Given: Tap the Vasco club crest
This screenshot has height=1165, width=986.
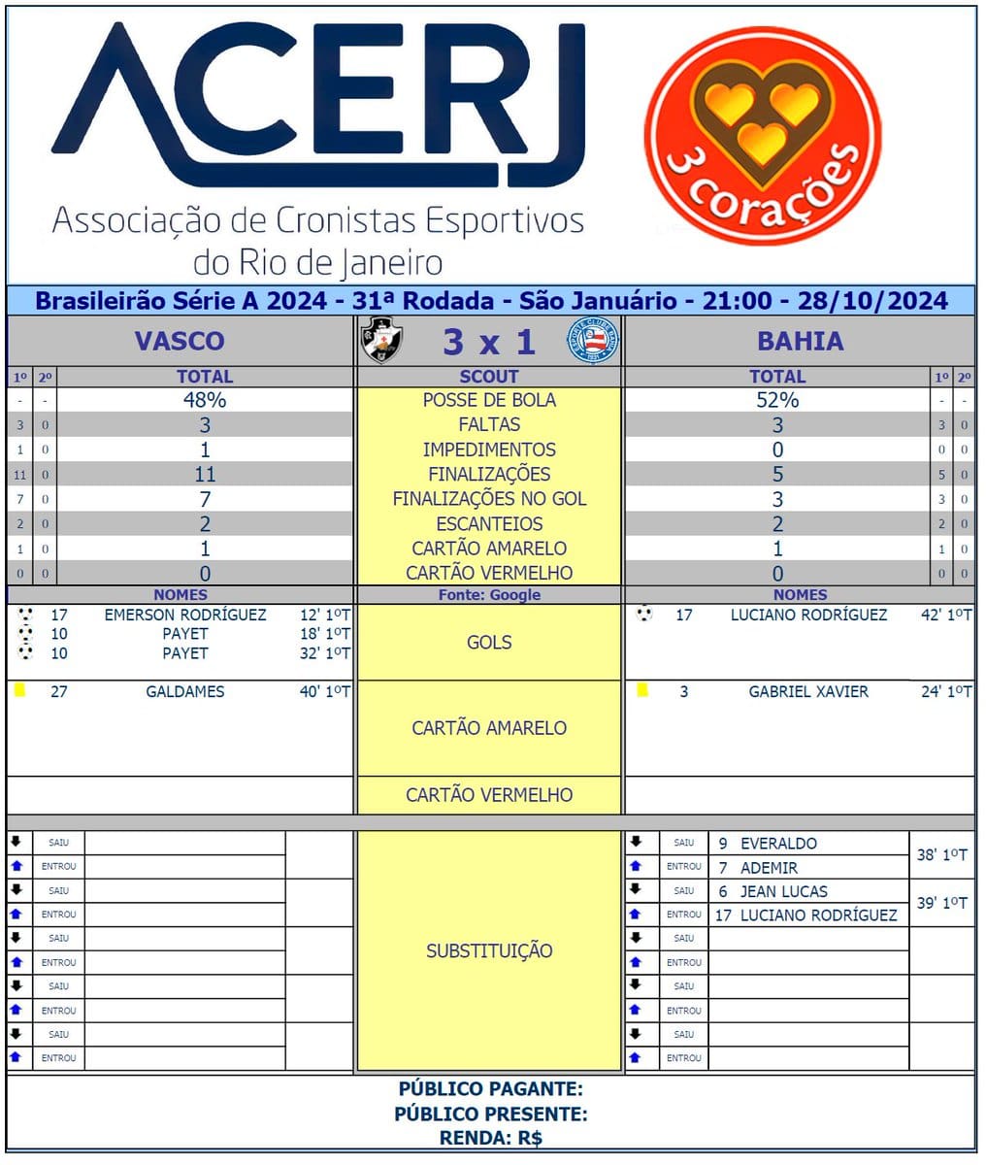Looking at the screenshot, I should [381, 341].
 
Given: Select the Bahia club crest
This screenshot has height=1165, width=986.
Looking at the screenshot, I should [592, 341].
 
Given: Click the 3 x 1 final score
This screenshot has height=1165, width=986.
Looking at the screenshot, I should [488, 342].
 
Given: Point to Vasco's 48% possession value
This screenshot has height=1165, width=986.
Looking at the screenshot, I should [205, 400].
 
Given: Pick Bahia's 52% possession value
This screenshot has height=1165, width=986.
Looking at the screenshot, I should [777, 400].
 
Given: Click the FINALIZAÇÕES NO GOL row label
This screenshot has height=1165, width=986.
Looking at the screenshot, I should [489, 499].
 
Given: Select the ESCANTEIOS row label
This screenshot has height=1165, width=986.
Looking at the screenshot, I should [489, 524].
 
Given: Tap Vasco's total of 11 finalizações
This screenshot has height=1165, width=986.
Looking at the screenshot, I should [205, 475].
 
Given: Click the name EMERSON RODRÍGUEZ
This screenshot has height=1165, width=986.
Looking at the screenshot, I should [185, 615].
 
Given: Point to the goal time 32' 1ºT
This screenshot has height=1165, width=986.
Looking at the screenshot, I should [324, 653].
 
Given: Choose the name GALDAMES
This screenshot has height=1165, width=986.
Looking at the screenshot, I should [185, 692].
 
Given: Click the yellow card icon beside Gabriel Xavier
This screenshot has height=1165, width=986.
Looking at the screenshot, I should [642, 691].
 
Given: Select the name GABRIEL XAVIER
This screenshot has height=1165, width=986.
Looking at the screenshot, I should [808, 692].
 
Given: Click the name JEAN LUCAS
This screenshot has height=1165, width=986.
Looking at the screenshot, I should [784, 891].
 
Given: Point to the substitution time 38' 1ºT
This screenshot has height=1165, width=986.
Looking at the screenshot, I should [941, 855].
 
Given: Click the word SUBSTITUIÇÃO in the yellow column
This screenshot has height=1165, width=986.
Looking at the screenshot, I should [489, 951].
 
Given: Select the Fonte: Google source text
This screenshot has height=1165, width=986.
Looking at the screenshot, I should [489, 595].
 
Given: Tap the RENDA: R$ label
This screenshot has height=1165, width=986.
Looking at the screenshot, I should [491, 1138].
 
